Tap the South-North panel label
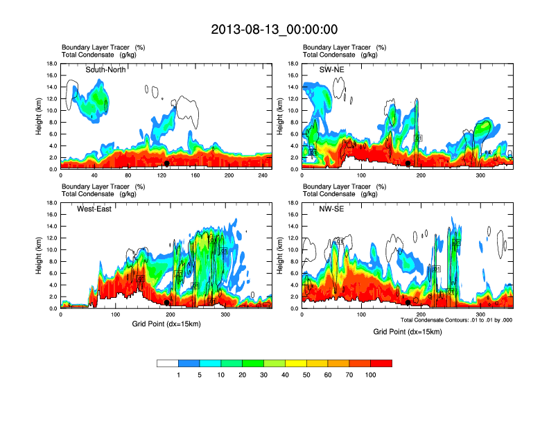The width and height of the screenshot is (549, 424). point(106,70)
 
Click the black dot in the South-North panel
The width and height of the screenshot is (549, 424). point(166,164)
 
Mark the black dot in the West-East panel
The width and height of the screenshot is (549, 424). point(166,302)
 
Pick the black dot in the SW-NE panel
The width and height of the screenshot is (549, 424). point(408,164)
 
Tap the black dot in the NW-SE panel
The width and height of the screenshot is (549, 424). point(408,302)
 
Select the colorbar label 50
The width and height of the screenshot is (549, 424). point(306,375)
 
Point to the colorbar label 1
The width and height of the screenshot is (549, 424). point(178,375)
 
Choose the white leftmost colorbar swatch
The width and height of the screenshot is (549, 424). point(168,362)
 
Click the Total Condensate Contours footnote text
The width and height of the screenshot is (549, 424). point(456,320)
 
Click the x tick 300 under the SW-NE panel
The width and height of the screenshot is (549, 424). point(481,175)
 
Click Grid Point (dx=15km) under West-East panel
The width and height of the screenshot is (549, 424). point(165,323)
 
